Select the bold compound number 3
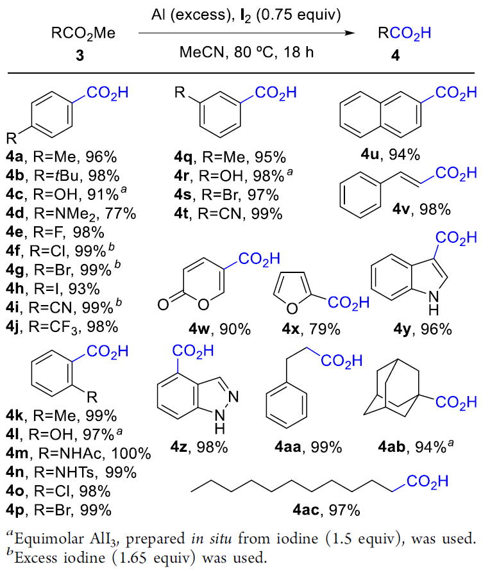pyautogui.click(x=79, y=56)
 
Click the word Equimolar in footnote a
pyautogui.click(x=48, y=539)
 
